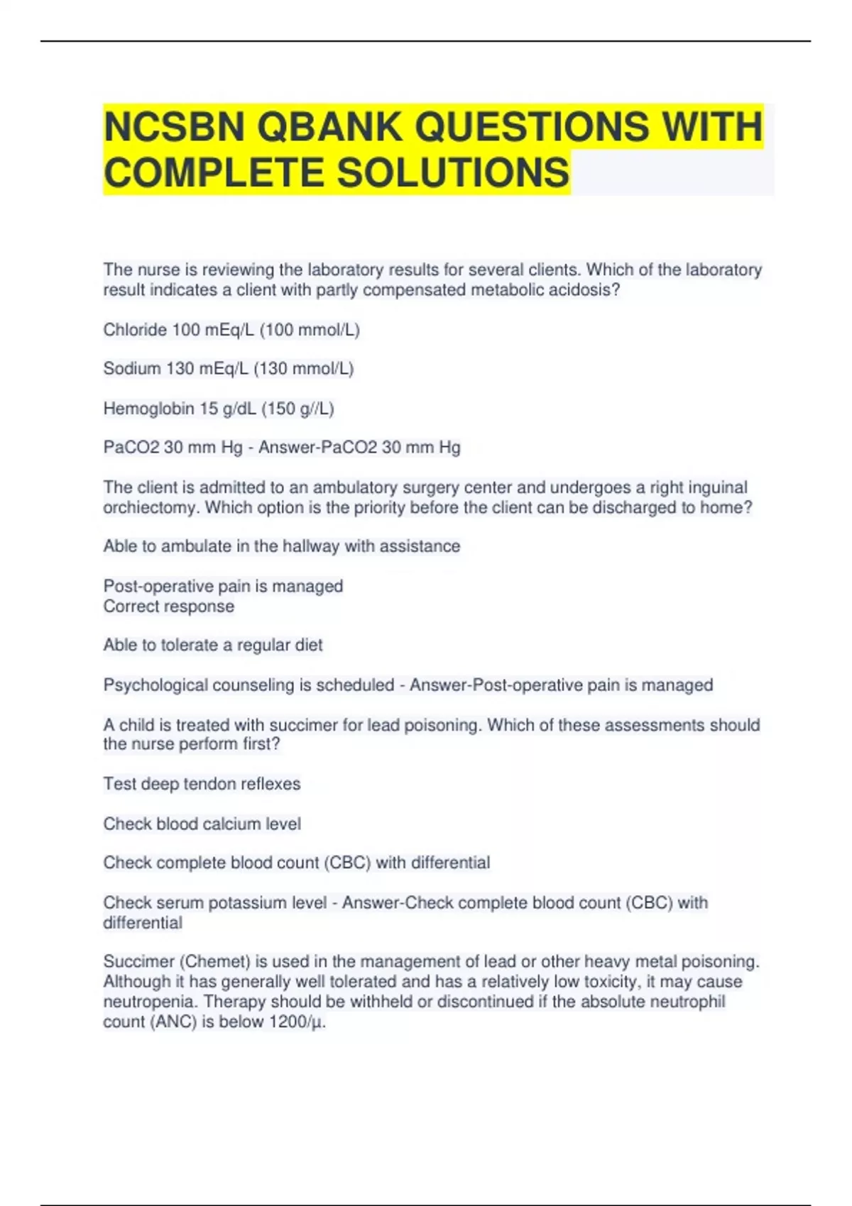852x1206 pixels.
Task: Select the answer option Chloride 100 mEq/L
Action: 231,330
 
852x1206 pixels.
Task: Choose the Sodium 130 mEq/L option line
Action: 228,369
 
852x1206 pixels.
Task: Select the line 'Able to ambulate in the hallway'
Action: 281,546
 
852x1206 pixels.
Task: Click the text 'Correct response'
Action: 168,607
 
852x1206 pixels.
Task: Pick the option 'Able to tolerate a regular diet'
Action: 212,646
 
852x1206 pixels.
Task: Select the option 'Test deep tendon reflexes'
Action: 202,784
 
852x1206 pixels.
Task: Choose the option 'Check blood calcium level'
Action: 202,824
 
